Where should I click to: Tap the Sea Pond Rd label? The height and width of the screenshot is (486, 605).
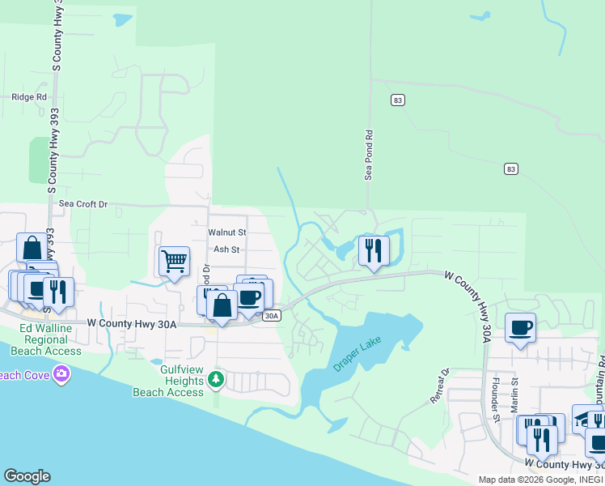(369, 156)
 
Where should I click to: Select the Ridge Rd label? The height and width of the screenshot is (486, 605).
(29, 97)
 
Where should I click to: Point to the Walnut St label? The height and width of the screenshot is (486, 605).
(226, 232)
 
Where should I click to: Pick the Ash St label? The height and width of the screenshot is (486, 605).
(226, 249)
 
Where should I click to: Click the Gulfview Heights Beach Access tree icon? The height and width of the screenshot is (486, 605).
(215, 378)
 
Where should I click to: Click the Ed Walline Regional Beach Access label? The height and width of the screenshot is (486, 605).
(50, 339)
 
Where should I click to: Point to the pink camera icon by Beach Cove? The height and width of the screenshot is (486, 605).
(61, 373)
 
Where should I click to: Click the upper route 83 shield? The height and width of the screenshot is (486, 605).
(396, 100)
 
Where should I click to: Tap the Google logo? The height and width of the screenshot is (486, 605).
(27, 475)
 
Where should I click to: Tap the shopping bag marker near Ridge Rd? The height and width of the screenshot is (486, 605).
(32, 249)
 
